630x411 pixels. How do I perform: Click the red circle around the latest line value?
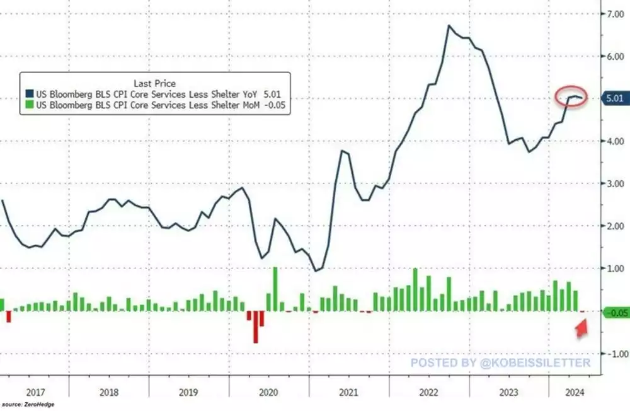(x=571, y=96)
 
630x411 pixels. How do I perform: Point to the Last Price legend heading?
(x=154, y=83)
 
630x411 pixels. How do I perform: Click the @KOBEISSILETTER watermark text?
(x=501, y=363)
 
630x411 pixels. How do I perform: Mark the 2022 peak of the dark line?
(x=448, y=26)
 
